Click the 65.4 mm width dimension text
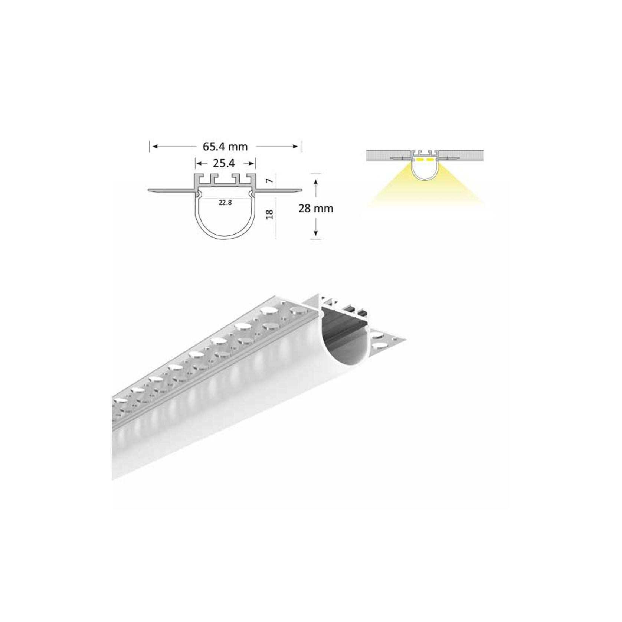coord(225,147)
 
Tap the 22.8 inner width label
coord(225,203)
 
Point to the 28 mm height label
coord(316,209)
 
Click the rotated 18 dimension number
coord(270,214)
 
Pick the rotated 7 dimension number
coord(270,181)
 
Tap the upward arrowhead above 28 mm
coord(315,182)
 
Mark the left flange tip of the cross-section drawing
coord(149,190)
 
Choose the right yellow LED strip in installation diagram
coord(430,160)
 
